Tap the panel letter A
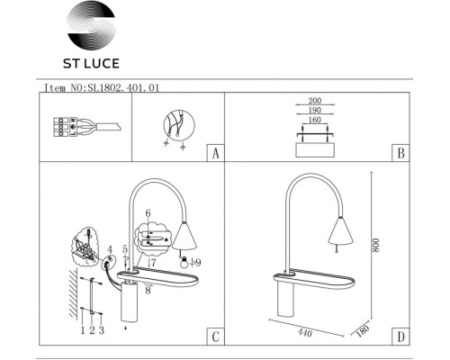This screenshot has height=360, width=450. pyautogui.click(x=214, y=153)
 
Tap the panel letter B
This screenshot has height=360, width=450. pyautogui.click(x=399, y=153)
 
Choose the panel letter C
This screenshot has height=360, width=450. pyautogui.click(x=214, y=337)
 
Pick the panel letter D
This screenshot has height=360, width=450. pyautogui.click(x=399, y=337)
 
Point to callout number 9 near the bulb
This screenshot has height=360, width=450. pyautogui.click(x=198, y=262)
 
